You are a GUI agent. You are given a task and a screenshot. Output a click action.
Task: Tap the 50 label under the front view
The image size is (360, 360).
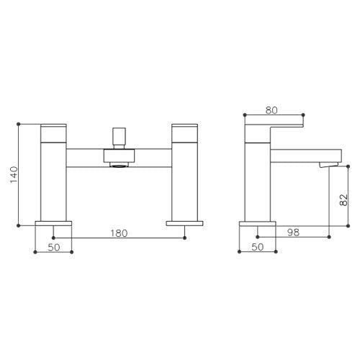tap(53, 247)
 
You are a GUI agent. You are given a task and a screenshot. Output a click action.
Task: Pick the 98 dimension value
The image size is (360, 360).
tap(294, 232)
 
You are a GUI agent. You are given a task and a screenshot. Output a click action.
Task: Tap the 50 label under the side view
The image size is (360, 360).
tap(257, 247)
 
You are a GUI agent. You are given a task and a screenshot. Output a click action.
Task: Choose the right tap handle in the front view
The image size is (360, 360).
tap(184, 132)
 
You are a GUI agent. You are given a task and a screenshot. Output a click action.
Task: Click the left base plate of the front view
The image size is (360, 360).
tap(53, 222)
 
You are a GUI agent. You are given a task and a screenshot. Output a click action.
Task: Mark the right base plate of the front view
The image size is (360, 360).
tap(184, 222)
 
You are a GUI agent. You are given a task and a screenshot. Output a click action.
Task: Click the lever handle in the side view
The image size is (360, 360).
tap(274, 132)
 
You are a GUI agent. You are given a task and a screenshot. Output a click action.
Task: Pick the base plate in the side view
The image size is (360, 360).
tap(257, 222)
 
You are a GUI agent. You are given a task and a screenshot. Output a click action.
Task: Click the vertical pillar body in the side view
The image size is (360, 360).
tap(257, 180)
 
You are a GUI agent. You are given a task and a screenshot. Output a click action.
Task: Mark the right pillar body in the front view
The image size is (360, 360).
tap(184, 180)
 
